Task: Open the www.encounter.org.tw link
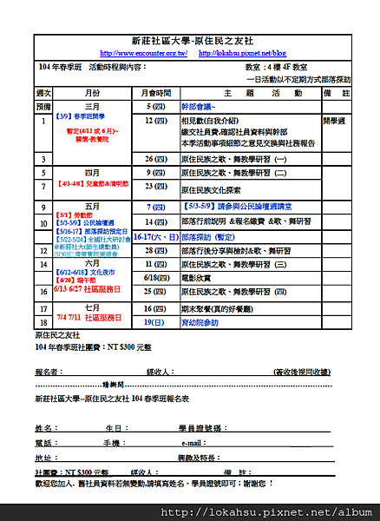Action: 143,53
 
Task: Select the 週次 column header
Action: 43,92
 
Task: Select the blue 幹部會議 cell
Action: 206,105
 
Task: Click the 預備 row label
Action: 43,105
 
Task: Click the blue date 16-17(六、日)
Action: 155,235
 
